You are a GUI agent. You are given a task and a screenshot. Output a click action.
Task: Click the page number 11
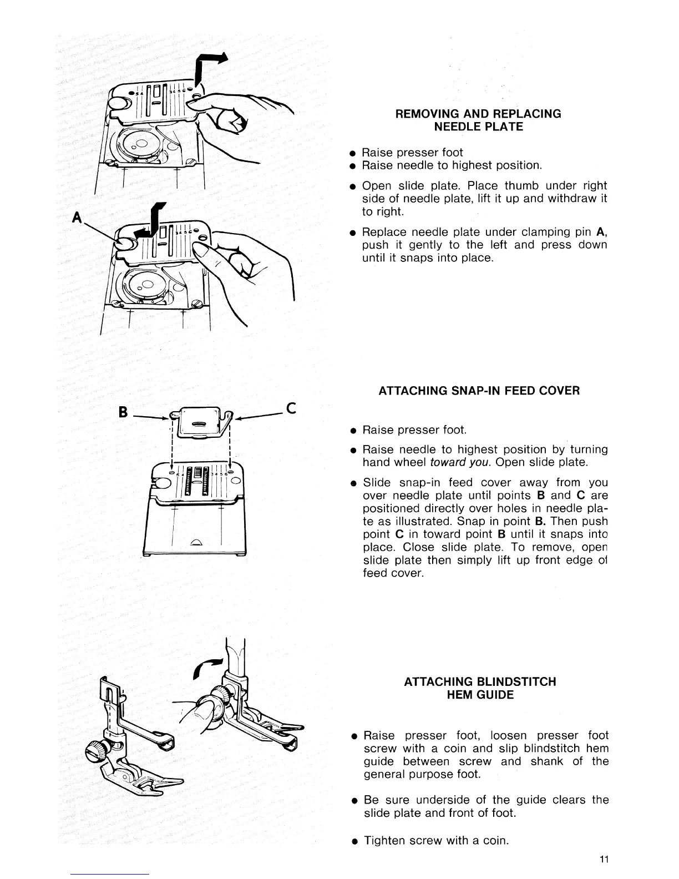[x=605, y=860]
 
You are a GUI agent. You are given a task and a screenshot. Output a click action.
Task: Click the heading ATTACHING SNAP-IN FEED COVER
[x=479, y=391]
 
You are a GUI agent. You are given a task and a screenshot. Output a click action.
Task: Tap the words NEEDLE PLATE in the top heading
[x=478, y=127]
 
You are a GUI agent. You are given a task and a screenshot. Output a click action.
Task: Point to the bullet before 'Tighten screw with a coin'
[x=353, y=841]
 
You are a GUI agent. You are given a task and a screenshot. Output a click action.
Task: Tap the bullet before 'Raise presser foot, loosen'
[x=353, y=736]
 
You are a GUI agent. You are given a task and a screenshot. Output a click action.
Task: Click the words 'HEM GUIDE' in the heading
[x=480, y=695]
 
